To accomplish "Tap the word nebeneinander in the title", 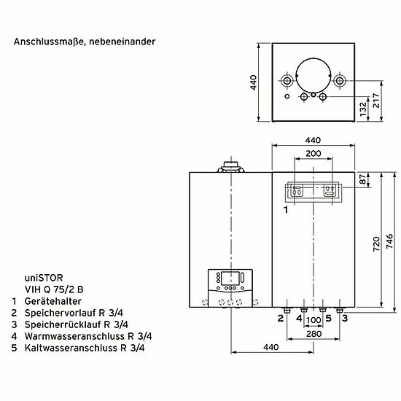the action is [122, 42].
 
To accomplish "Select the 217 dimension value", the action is [375, 101].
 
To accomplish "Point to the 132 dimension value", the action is [362, 109].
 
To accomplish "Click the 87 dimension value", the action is [362, 179].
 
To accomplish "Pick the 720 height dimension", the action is [376, 244].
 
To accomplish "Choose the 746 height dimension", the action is [389, 241].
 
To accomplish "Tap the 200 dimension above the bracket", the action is [314, 153].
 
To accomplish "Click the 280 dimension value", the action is [314, 334].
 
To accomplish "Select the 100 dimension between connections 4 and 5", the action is [314, 320].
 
